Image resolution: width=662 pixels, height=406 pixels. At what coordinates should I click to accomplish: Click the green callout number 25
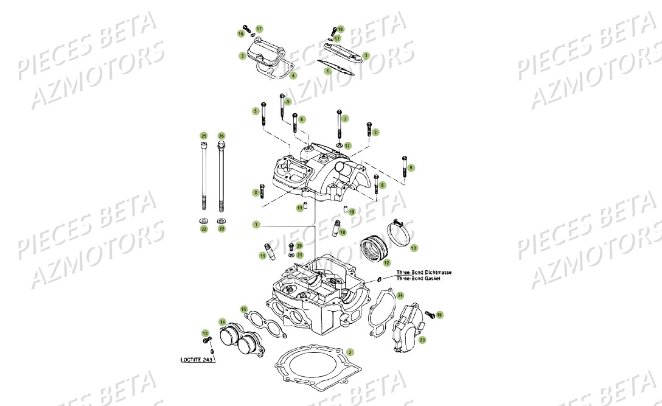(x=204, y=135)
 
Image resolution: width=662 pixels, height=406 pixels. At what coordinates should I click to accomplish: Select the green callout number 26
(x=221, y=135)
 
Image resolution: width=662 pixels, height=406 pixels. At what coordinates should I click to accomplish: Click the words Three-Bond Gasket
(x=418, y=278)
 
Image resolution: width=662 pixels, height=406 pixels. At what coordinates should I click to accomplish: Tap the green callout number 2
(x=349, y=352)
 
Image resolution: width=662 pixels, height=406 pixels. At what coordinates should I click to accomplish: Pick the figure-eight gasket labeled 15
(x=262, y=323)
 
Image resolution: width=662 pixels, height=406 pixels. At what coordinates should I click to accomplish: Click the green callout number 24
(x=400, y=295)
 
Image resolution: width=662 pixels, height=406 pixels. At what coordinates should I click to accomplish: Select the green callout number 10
(x=343, y=232)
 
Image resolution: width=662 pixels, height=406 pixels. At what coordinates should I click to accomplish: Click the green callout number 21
(x=299, y=254)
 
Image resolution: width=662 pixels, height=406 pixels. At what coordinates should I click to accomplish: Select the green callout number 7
(x=345, y=119)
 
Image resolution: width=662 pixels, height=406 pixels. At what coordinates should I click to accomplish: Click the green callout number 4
(x=293, y=75)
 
